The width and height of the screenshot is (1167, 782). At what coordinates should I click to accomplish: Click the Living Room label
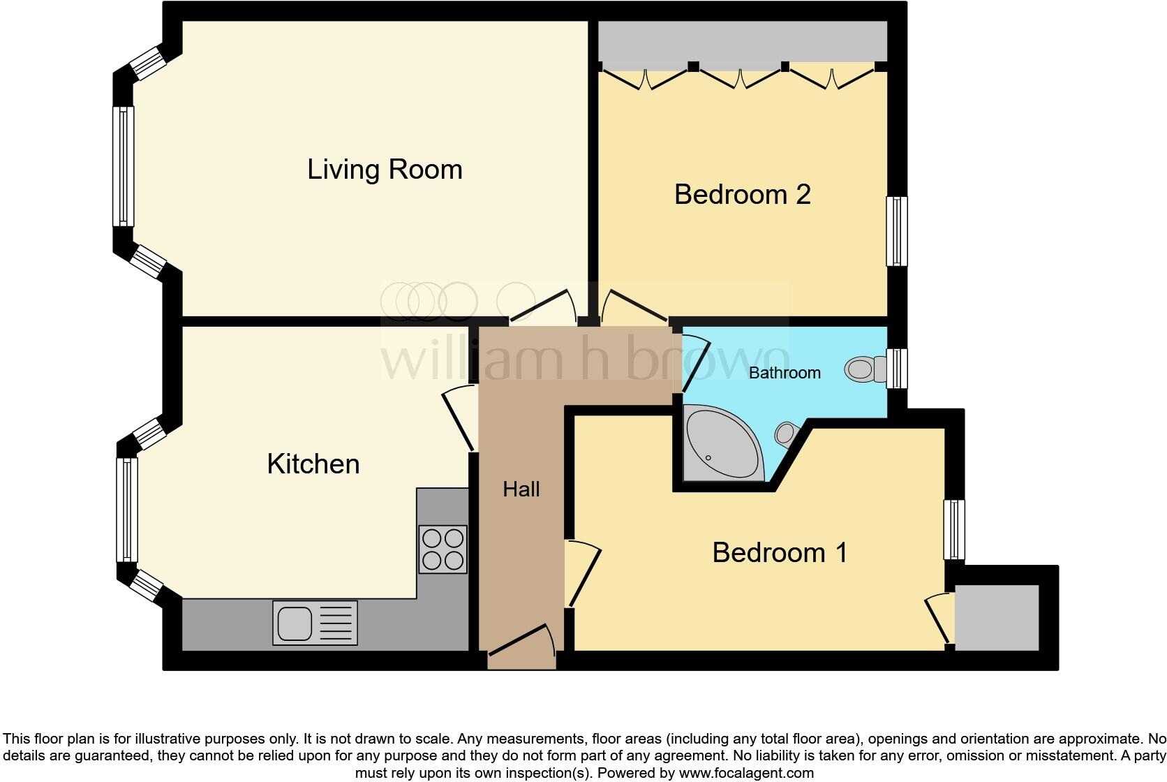pyautogui.click(x=385, y=170)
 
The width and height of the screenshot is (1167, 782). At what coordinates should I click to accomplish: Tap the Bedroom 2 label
pyautogui.click(x=742, y=194)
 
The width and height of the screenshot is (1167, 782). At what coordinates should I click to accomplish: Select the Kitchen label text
pyautogui.click(x=313, y=464)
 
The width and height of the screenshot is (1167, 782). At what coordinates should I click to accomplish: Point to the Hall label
pyautogui.click(x=521, y=489)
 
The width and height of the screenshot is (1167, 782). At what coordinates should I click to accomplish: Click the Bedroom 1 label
pyautogui.click(x=780, y=552)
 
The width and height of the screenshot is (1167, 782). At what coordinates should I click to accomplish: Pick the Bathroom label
pyautogui.click(x=785, y=373)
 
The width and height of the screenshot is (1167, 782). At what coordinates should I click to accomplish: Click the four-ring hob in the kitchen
pyautogui.click(x=443, y=549)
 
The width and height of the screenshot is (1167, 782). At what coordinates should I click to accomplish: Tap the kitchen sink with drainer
pyautogui.click(x=315, y=623)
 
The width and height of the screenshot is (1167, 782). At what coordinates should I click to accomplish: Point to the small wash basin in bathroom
pyautogui.click(x=785, y=434)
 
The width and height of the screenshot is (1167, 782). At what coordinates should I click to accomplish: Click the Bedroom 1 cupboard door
pyautogui.click(x=938, y=618)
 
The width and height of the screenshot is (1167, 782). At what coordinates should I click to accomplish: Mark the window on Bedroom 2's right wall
pyautogui.click(x=897, y=231)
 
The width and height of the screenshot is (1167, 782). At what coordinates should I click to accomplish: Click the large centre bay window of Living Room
pyautogui.click(x=124, y=166)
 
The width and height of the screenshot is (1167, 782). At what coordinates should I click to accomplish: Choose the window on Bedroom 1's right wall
pyautogui.click(x=954, y=529)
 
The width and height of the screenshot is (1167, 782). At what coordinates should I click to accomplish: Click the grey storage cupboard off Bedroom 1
pyautogui.click(x=997, y=618)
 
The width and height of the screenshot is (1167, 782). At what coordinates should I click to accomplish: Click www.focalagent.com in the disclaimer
pyautogui.click(x=745, y=773)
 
